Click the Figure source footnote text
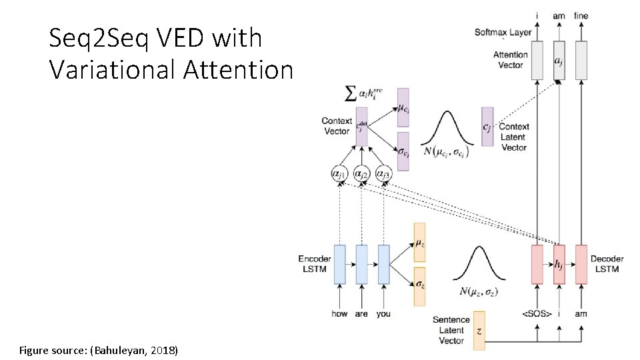pos(99,350)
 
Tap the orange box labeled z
pos(479,331)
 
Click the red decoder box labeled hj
pos(559,265)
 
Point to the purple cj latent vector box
pos(487,127)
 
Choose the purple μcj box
pos(403,107)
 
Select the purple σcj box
pos(403,151)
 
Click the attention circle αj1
pos(339,174)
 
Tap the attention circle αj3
pos(383,174)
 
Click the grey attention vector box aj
pos(559,61)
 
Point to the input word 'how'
pos(339,313)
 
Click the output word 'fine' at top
pos(581,15)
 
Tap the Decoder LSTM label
pos(607,263)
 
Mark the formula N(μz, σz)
pos(479,291)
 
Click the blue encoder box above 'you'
pos(383,265)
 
